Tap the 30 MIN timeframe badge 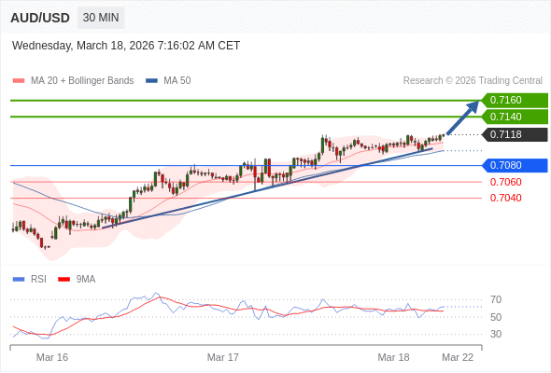pyautogui.click(x=102, y=18)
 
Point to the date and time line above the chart pyautogui.click(x=126, y=45)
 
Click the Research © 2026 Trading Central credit pyautogui.click(x=473, y=81)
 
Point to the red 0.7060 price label pyautogui.click(x=506, y=182)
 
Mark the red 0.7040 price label pyautogui.click(x=506, y=198)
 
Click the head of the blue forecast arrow pyautogui.click(x=473, y=106)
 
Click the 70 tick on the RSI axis pyautogui.click(x=496, y=299)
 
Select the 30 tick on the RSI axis pyautogui.click(x=496, y=334)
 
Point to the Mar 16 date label pyautogui.click(x=52, y=357)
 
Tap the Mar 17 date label pyautogui.click(x=223, y=357)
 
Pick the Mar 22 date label pyautogui.click(x=458, y=357)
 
